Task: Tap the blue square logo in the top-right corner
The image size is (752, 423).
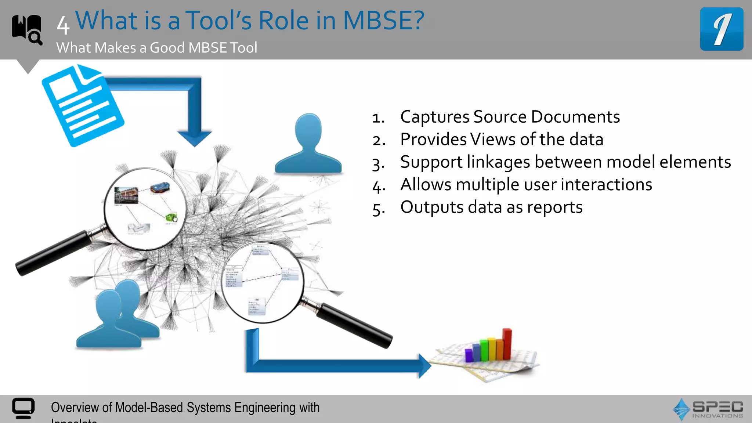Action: coord(722,29)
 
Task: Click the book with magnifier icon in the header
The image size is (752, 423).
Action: coord(27,29)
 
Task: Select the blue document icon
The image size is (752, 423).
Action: coord(83,106)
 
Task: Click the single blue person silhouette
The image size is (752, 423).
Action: coord(308,145)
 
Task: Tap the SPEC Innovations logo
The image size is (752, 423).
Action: coord(708,409)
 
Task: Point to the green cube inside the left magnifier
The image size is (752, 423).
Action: coord(171,217)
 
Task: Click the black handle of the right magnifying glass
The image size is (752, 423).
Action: coord(354,325)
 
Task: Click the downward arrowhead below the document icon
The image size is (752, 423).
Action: coord(194,138)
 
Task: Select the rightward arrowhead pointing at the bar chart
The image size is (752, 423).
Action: coord(424,366)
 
